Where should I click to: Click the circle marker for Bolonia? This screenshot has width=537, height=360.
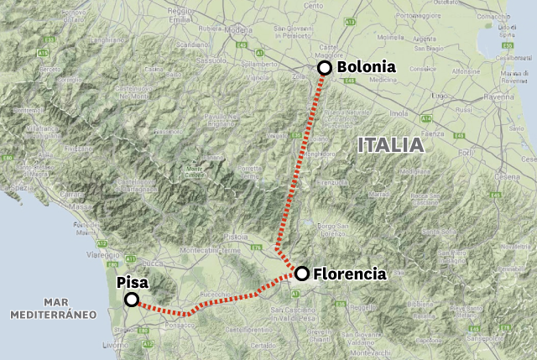coord(324,69)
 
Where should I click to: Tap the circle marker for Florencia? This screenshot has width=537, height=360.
coord(301,273)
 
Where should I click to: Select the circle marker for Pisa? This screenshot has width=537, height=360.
coord(132,300)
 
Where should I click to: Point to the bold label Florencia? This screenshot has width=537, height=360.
coord(350,274)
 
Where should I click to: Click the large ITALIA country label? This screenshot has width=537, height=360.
coord(390,144)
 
